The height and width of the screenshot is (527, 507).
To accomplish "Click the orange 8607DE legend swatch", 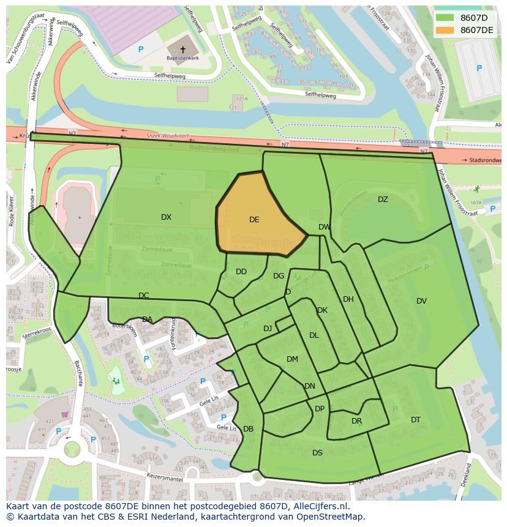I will (445, 29).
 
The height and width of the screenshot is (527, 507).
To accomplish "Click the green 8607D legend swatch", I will (445, 17).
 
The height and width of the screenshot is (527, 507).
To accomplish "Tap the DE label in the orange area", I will (254, 220).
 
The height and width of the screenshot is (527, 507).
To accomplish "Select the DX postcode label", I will (166, 217).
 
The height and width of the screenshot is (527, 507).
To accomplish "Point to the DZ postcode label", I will (383, 200).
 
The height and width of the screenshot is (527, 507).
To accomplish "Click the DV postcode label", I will (421, 301).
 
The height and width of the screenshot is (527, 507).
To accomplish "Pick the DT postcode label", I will (416, 420).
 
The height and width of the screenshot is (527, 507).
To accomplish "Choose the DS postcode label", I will (317, 453).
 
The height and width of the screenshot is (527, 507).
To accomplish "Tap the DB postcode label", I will (248, 429).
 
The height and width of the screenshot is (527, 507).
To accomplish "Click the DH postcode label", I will (348, 299).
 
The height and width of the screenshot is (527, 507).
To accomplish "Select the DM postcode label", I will (292, 359).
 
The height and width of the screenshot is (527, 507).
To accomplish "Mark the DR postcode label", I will (356, 421).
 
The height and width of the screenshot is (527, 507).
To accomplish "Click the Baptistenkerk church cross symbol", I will (182, 50).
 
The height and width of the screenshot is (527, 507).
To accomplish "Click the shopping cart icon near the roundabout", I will (65, 414).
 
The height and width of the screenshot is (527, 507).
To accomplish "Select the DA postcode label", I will (147, 320).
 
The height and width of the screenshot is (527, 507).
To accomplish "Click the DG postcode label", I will (279, 276).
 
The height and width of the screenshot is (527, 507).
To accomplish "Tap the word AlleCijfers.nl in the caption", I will (319, 507).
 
